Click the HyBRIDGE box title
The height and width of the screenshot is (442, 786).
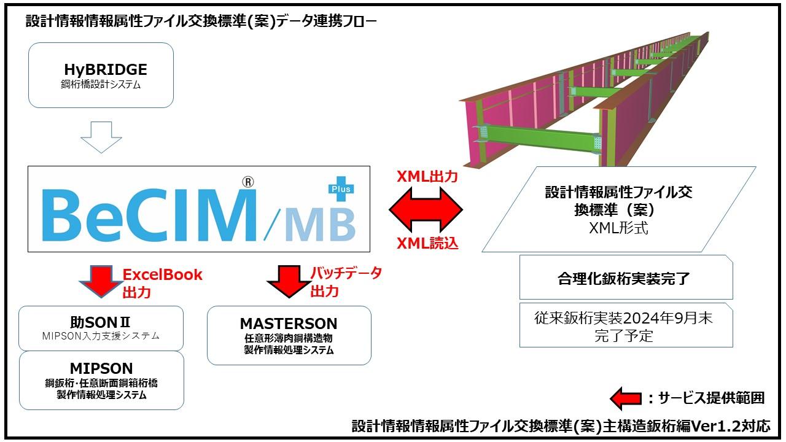[x=105, y=69]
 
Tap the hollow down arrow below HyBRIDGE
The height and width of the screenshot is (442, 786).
[x=101, y=137]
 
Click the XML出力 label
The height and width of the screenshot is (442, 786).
[x=427, y=177]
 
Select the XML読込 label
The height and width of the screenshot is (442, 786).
[x=427, y=244]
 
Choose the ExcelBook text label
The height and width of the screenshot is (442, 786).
[x=163, y=274]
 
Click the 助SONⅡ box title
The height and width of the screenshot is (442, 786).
[x=101, y=322]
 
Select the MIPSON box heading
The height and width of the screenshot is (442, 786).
[x=101, y=368]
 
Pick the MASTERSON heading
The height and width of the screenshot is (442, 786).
[x=289, y=324]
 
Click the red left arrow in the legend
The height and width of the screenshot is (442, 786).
[x=625, y=398]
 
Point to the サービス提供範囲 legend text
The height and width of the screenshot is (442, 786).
[x=710, y=398]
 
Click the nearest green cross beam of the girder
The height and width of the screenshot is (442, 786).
[x=540, y=138]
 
